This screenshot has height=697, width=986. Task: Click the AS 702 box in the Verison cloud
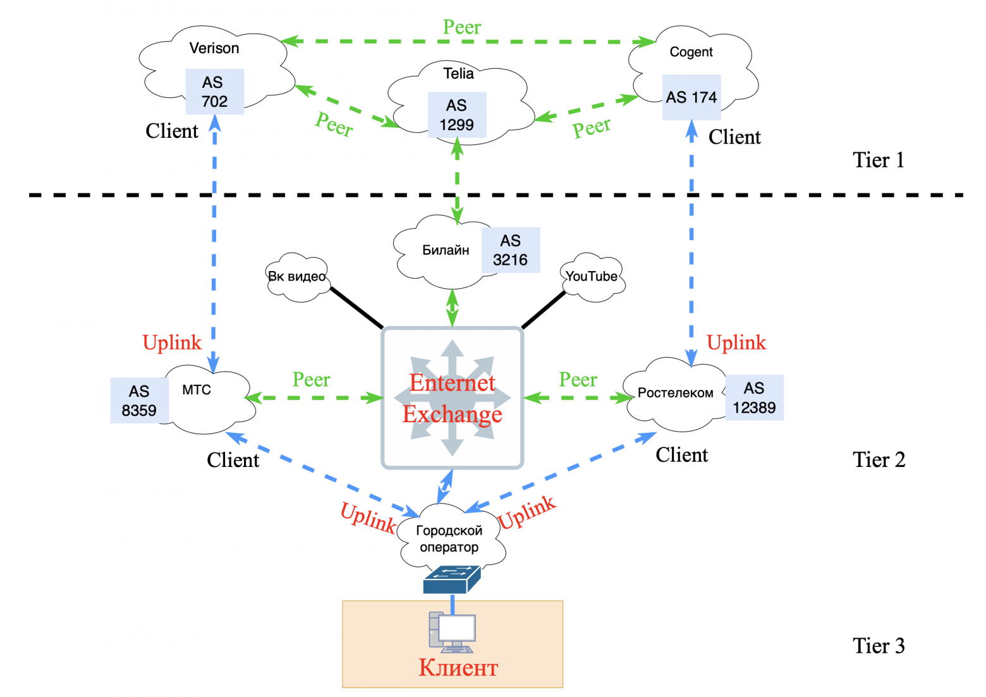pyautogui.click(x=214, y=92)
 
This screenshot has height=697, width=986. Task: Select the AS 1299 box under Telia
pyautogui.click(x=456, y=115)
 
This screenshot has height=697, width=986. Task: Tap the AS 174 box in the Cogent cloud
pyautogui.click(x=691, y=97)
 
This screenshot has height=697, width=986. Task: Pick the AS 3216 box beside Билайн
pyautogui.click(x=510, y=250)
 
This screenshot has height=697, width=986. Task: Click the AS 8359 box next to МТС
pyautogui.click(x=139, y=401)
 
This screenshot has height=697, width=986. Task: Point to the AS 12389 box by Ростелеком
pyautogui.click(x=754, y=397)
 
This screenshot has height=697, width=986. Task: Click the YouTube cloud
pyautogui.click(x=592, y=277)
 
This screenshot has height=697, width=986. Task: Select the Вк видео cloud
pyautogui.click(x=297, y=277)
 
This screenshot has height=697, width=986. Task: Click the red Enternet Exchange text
pyautogui.click(x=453, y=398)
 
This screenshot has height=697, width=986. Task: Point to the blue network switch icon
pyautogui.click(x=451, y=579)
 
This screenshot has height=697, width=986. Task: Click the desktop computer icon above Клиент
pyautogui.click(x=452, y=632)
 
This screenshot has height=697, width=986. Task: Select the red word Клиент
pyautogui.click(x=458, y=668)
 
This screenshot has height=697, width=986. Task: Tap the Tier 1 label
pyautogui.click(x=879, y=160)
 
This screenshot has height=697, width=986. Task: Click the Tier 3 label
pyautogui.click(x=879, y=646)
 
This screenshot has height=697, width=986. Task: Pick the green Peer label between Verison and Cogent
pyautogui.click(x=461, y=27)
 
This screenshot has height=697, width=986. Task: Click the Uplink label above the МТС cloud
pyautogui.click(x=172, y=342)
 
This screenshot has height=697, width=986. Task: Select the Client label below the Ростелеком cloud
pyautogui.click(x=681, y=455)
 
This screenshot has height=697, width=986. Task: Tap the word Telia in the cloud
pyautogui.click(x=458, y=73)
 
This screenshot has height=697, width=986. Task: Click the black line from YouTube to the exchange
pyautogui.click(x=544, y=310)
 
